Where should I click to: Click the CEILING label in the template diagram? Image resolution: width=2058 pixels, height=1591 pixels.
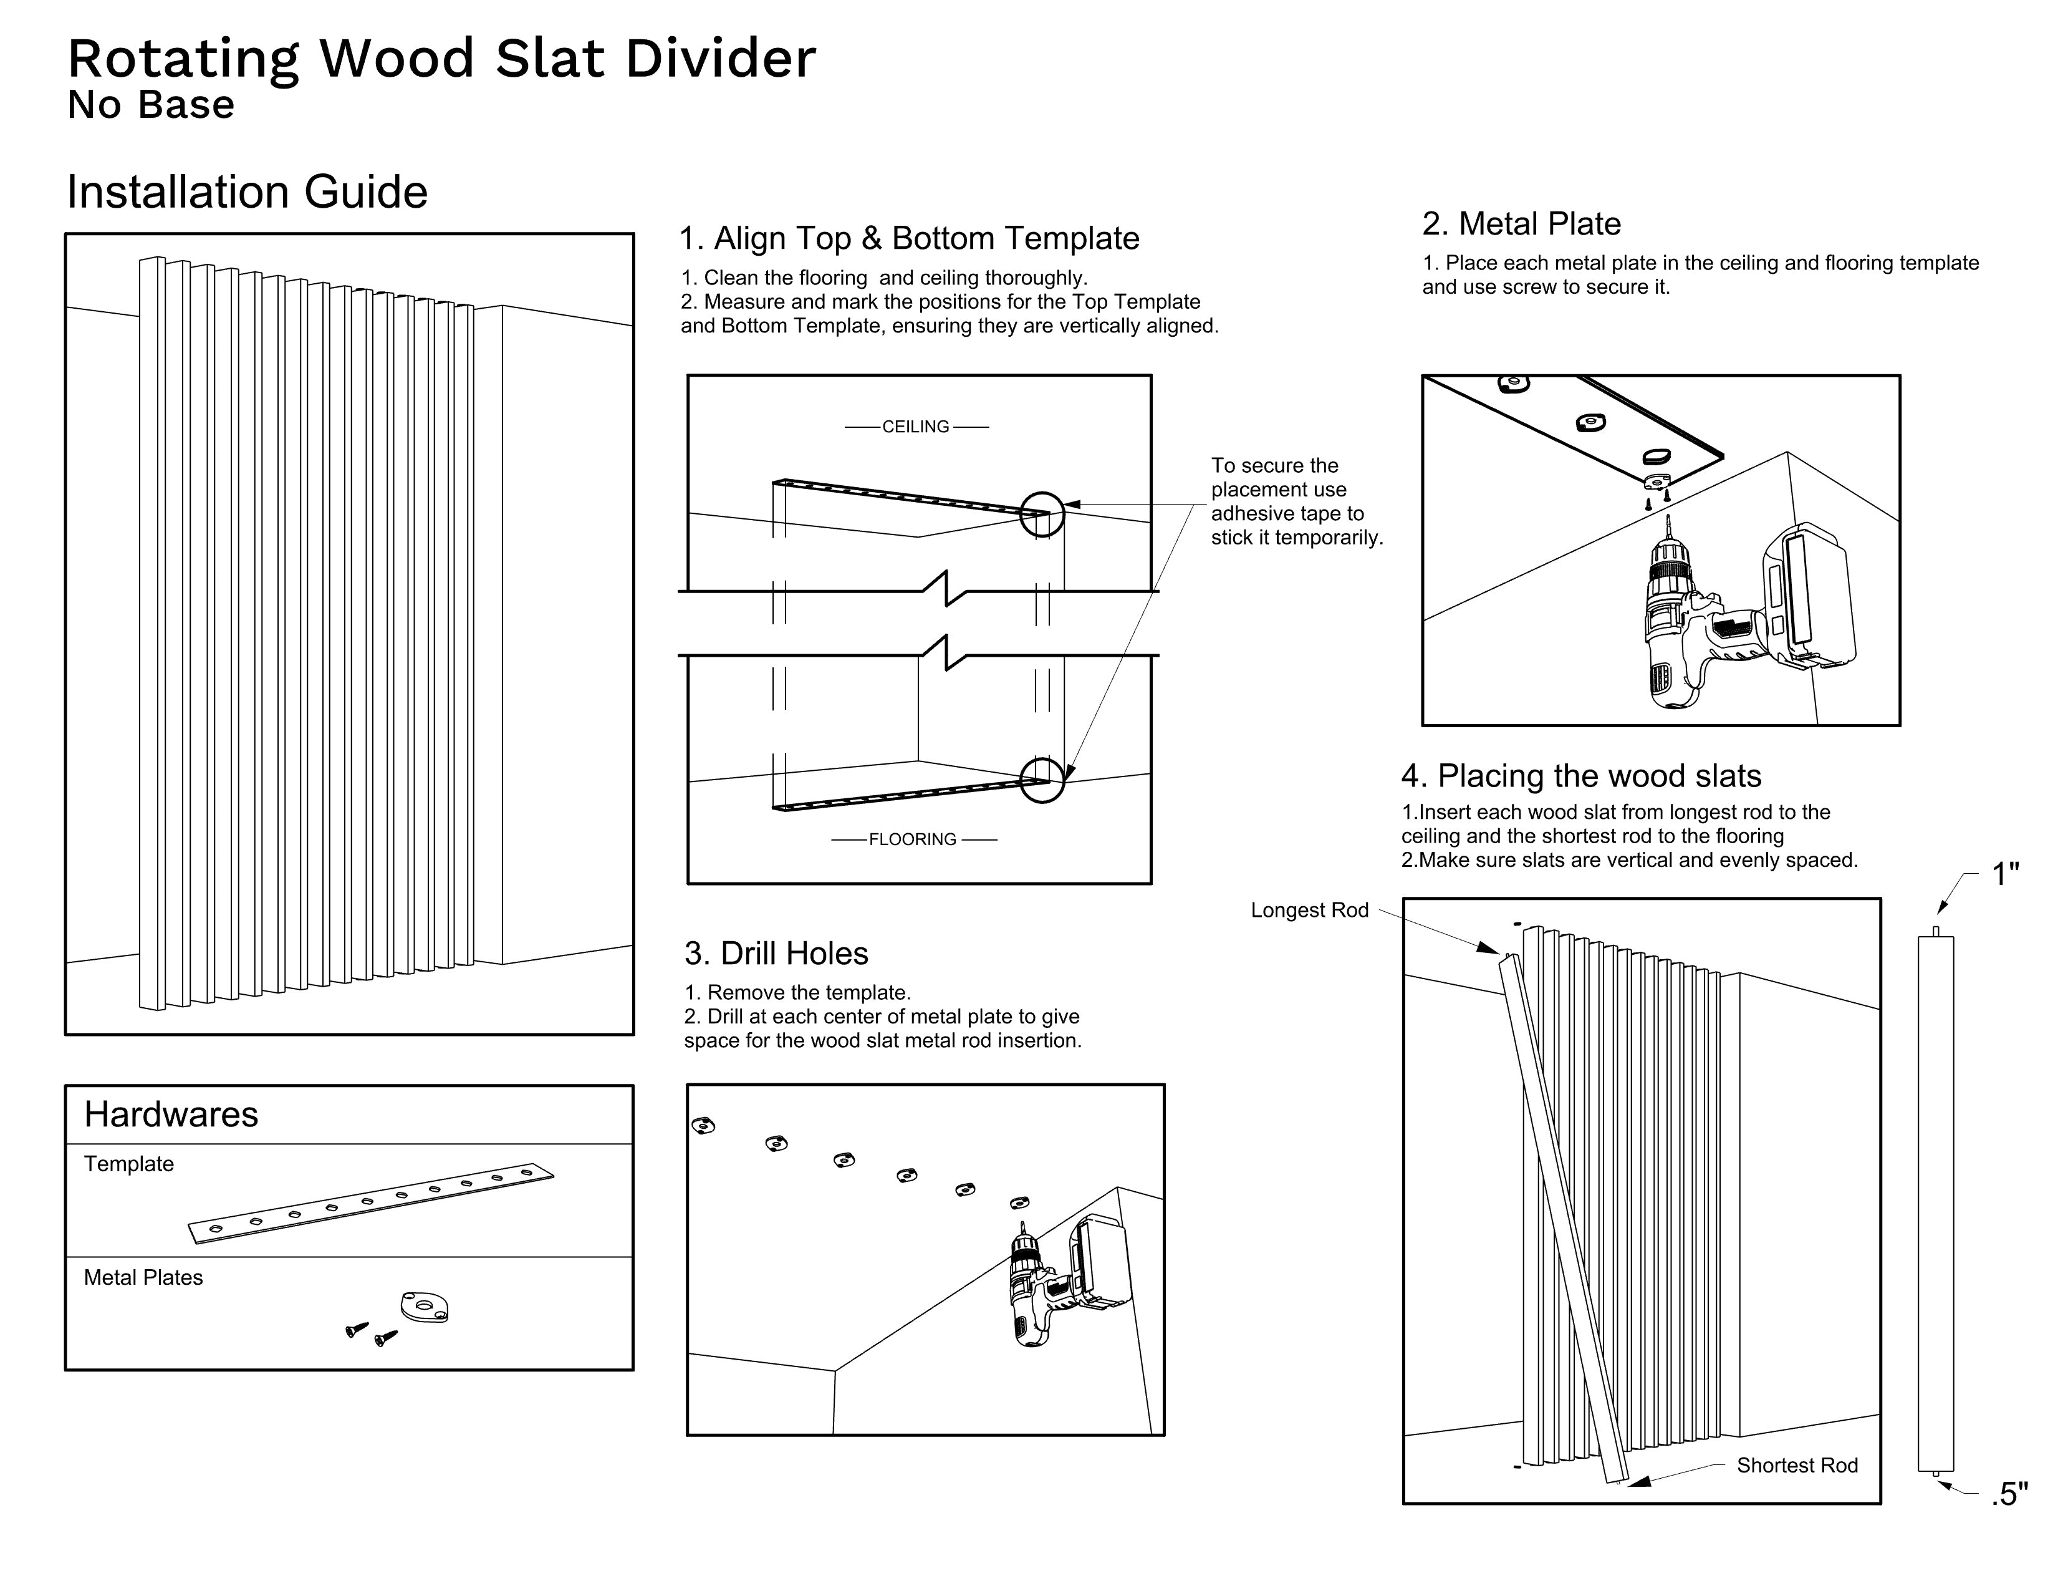[915, 427]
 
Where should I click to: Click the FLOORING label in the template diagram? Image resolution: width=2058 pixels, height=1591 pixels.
[912, 839]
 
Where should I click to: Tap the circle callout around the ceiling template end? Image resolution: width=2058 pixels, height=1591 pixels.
[1042, 515]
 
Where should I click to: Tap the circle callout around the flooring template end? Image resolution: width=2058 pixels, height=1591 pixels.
[1042, 780]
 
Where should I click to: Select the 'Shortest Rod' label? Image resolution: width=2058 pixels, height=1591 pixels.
[1797, 1466]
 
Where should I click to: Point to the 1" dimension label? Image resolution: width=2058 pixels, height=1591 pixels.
[2005, 874]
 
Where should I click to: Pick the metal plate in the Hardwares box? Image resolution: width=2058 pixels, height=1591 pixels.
[424, 1307]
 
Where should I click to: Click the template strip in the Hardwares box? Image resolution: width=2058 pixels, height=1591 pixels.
[372, 1204]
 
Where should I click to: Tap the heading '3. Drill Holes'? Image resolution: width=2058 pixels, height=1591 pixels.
[776, 954]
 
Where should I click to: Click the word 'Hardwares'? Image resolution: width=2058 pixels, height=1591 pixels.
[171, 1115]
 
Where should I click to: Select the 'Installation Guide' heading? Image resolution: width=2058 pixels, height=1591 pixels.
[247, 192]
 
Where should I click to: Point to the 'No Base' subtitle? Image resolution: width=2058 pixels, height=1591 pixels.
[151, 105]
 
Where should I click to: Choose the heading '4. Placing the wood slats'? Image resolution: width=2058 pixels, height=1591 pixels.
[1580, 776]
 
